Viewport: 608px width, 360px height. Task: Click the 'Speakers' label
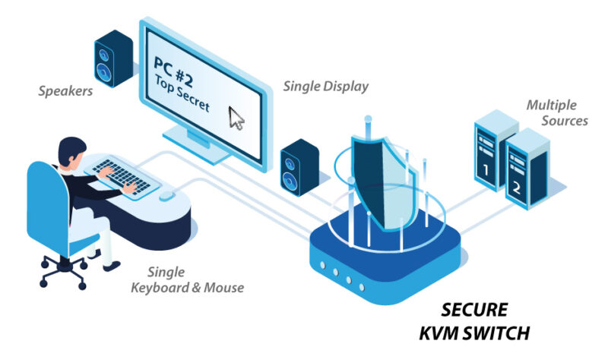tap(65, 91)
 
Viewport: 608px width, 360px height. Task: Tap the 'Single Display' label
tap(325, 86)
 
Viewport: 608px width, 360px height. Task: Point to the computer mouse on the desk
tap(166, 195)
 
